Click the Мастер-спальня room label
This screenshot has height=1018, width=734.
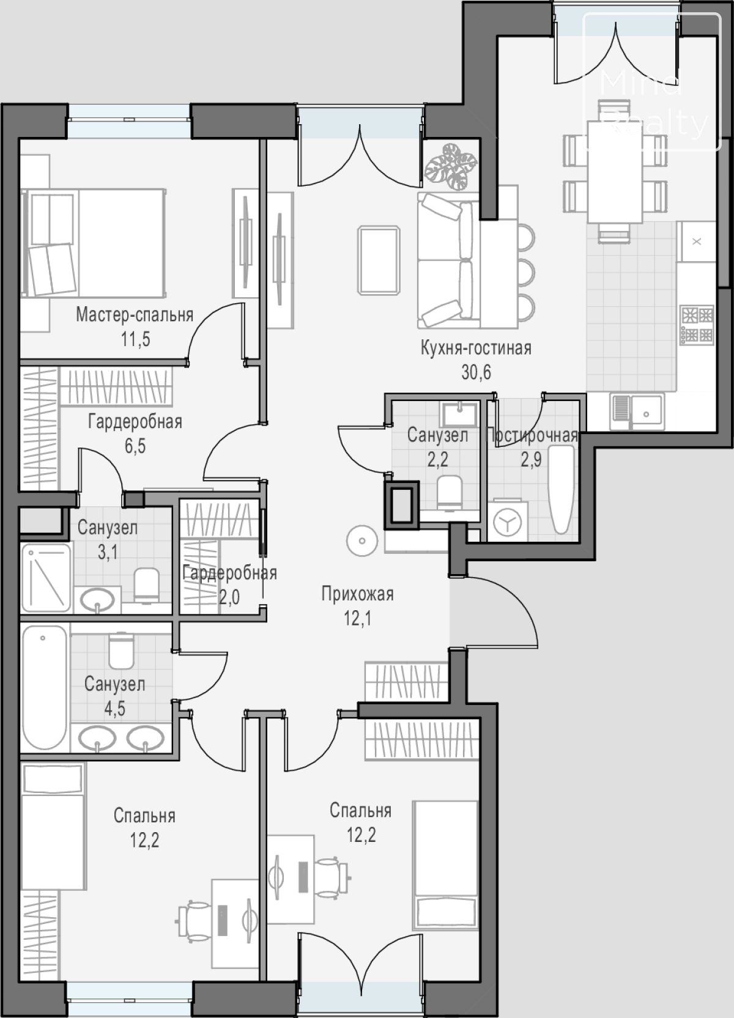click(x=135, y=314)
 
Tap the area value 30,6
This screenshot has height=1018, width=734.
click(x=476, y=372)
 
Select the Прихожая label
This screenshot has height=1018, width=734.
click(x=357, y=594)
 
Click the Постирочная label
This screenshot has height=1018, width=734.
click(x=532, y=435)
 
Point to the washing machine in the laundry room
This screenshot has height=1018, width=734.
click(x=508, y=521)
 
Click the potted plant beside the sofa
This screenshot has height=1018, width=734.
click(x=451, y=166)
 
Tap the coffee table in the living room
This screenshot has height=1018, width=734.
click(x=379, y=260)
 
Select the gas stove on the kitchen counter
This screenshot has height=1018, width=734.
click(x=697, y=325)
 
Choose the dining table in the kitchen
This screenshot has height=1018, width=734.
click(x=615, y=171)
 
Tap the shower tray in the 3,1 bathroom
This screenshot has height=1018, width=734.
click(x=46, y=577)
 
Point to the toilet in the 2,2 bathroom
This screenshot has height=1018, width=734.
click(x=450, y=492)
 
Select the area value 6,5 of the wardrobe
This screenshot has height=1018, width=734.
click(x=135, y=446)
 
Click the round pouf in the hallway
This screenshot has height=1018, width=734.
click(x=362, y=541)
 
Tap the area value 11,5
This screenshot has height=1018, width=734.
click(x=135, y=339)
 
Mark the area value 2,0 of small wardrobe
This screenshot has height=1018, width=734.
click(x=229, y=597)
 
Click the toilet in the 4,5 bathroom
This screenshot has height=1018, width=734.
click(x=122, y=651)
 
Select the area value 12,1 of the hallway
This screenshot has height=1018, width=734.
click(x=357, y=619)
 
